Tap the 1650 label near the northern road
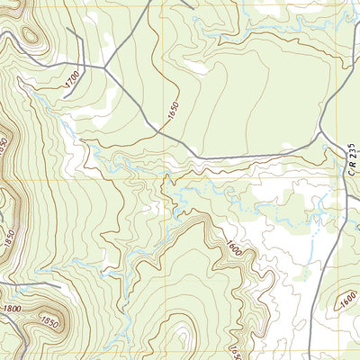coord(173,111)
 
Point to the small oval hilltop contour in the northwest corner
coord(30,37)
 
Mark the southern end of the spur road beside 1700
coord(65,97)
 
